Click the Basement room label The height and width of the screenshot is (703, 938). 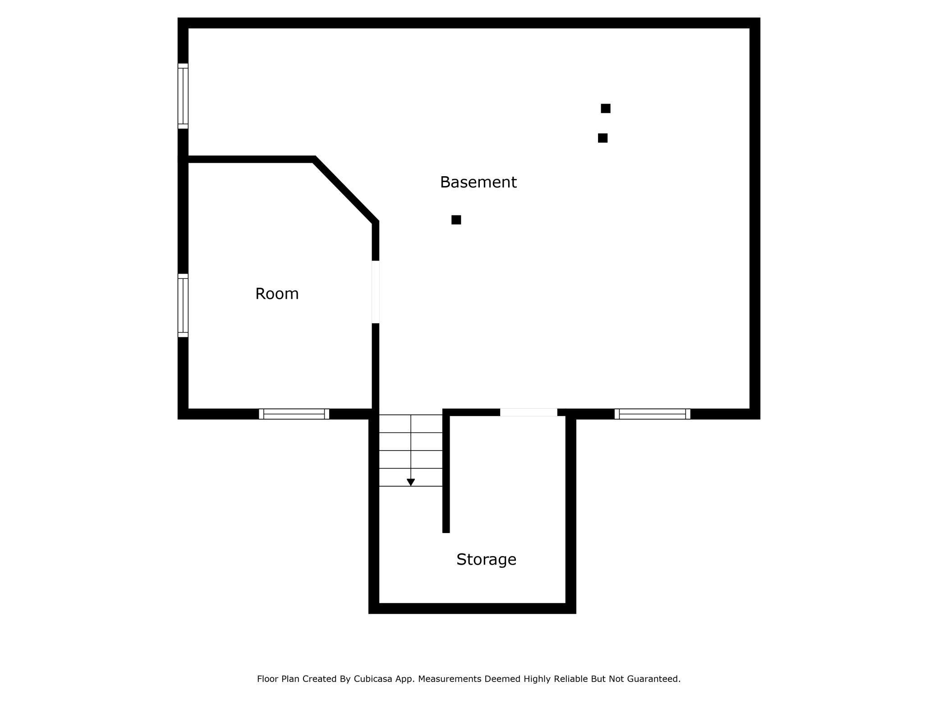point(478,182)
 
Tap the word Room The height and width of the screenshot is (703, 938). point(277,294)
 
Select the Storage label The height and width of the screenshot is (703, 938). point(486,559)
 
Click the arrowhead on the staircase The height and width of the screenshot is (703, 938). point(410,482)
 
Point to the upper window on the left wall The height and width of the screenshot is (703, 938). point(183,96)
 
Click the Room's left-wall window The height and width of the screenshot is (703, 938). point(183,306)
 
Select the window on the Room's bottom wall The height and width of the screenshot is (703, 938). point(294,414)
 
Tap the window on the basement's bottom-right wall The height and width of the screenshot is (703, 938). point(652,414)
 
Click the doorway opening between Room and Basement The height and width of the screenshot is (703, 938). point(375,292)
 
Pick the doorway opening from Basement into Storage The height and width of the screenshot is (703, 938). point(529,412)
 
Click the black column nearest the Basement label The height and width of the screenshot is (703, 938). point(456,220)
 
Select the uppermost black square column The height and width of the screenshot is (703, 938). point(605,109)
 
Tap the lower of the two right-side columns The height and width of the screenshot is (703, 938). point(602,138)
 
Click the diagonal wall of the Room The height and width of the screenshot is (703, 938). point(346,190)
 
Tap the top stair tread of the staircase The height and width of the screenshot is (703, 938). point(410,424)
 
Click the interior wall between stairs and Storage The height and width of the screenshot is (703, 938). point(446,473)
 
